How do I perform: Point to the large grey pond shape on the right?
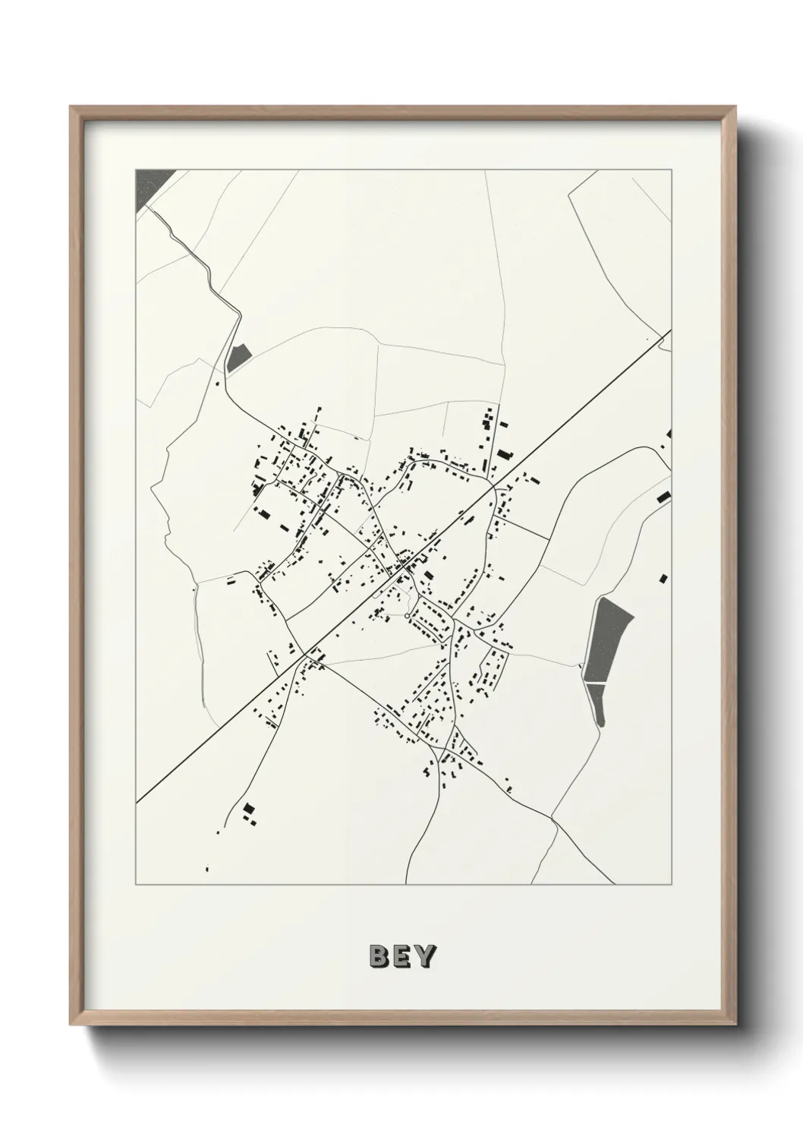[608, 638]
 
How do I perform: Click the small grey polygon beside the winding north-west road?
[238, 358]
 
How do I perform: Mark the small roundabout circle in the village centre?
[408, 614]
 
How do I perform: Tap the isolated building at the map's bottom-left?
[206, 868]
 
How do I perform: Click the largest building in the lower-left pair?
[247, 808]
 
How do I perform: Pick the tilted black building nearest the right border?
[663, 497]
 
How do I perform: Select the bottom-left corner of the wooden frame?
[72, 1023]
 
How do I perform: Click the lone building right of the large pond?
[664, 578]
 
